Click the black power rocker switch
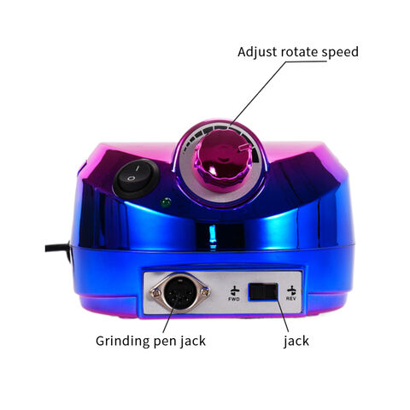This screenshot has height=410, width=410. click(136, 179)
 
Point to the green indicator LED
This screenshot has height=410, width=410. click(166, 202)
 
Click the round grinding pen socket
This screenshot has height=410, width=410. click(180, 293)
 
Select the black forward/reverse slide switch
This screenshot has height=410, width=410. click(263, 291)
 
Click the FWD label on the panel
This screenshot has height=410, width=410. click(234, 299)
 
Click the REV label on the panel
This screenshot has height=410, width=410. click(291, 298)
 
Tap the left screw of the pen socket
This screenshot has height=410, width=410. click(155, 292)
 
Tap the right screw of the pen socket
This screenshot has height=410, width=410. click(204, 291)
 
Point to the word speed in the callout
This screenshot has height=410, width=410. click(340, 53)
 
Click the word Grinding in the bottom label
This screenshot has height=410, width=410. click(123, 341)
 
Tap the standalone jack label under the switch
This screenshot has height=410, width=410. click(296, 341)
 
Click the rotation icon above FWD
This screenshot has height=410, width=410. click(235, 290)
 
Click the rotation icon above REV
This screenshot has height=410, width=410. click(291, 290)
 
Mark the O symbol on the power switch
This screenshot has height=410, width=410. click(131, 179)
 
